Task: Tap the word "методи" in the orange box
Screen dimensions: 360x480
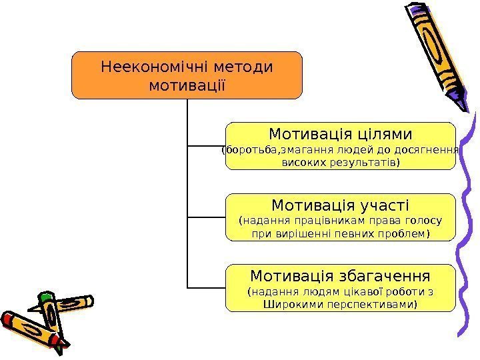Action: click(x=245, y=67)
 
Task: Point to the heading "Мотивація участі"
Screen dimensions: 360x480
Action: click(x=340, y=204)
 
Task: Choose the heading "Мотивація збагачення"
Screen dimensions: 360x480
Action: click(x=340, y=275)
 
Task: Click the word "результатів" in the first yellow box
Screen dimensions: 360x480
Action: click(x=365, y=162)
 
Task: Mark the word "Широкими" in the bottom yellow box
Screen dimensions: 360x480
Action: click(x=290, y=304)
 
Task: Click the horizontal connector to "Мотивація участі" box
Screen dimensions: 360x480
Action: click(x=207, y=217)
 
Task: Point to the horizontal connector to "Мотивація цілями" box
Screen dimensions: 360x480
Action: click(x=207, y=145)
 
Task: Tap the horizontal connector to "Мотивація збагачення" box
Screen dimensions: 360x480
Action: click(x=207, y=287)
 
